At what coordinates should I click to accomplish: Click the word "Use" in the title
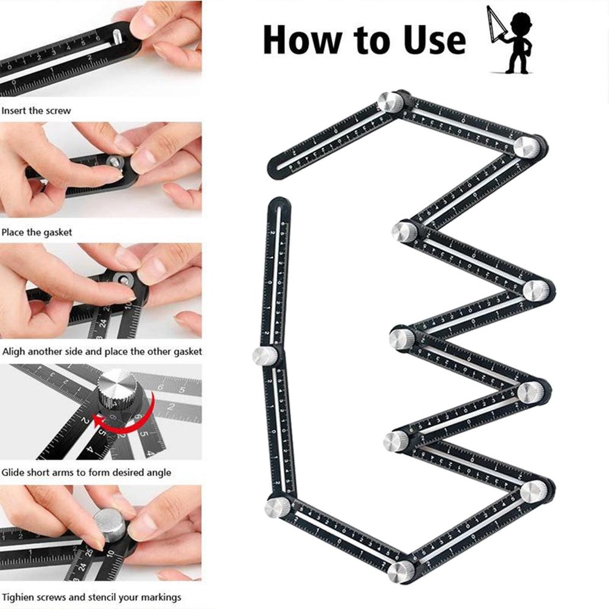[429, 40]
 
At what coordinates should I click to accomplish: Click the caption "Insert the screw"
[36, 111]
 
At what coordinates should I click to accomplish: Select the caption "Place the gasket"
[37, 232]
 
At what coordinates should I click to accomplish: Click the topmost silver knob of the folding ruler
[390, 102]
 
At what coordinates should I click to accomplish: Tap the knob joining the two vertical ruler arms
[266, 355]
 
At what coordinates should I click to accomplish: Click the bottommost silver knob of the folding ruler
[401, 571]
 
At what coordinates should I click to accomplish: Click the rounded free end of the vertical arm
[279, 205]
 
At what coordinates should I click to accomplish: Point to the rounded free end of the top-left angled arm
[274, 168]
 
